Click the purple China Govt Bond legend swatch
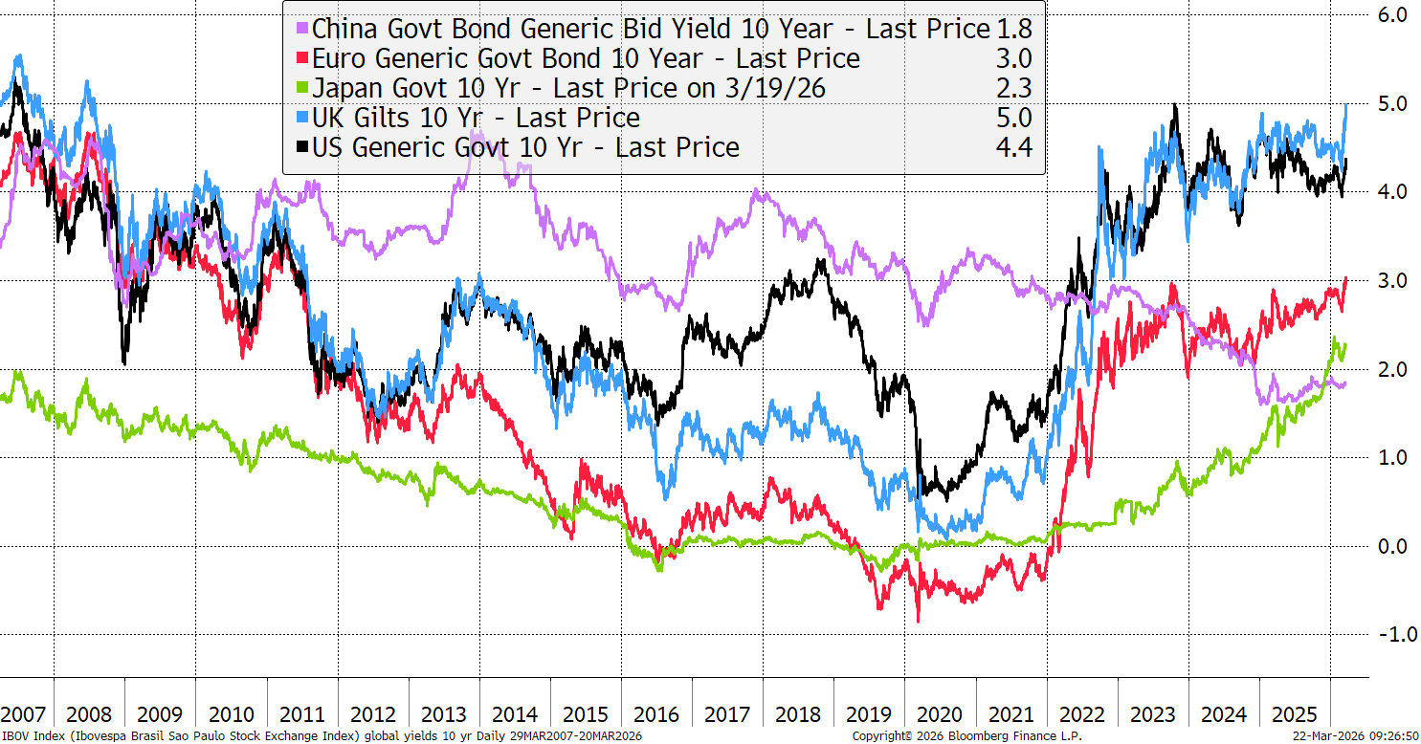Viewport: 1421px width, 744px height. pos(302,29)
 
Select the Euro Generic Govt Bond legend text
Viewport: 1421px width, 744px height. pos(586,58)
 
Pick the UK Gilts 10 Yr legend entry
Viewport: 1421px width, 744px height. pos(476,118)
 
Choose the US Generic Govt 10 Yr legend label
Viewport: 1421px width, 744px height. pos(525,147)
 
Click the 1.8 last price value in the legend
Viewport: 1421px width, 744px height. pos(1013,29)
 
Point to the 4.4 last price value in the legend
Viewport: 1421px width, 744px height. pos(1013,147)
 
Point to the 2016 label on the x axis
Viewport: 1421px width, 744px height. pos(656,714)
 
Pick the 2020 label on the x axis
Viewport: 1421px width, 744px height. pos(939,714)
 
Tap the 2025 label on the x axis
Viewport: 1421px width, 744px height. pos(1294,714)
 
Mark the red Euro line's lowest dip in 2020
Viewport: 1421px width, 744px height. pos(919,621)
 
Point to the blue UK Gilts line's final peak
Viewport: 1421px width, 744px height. pos(1346,104)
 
